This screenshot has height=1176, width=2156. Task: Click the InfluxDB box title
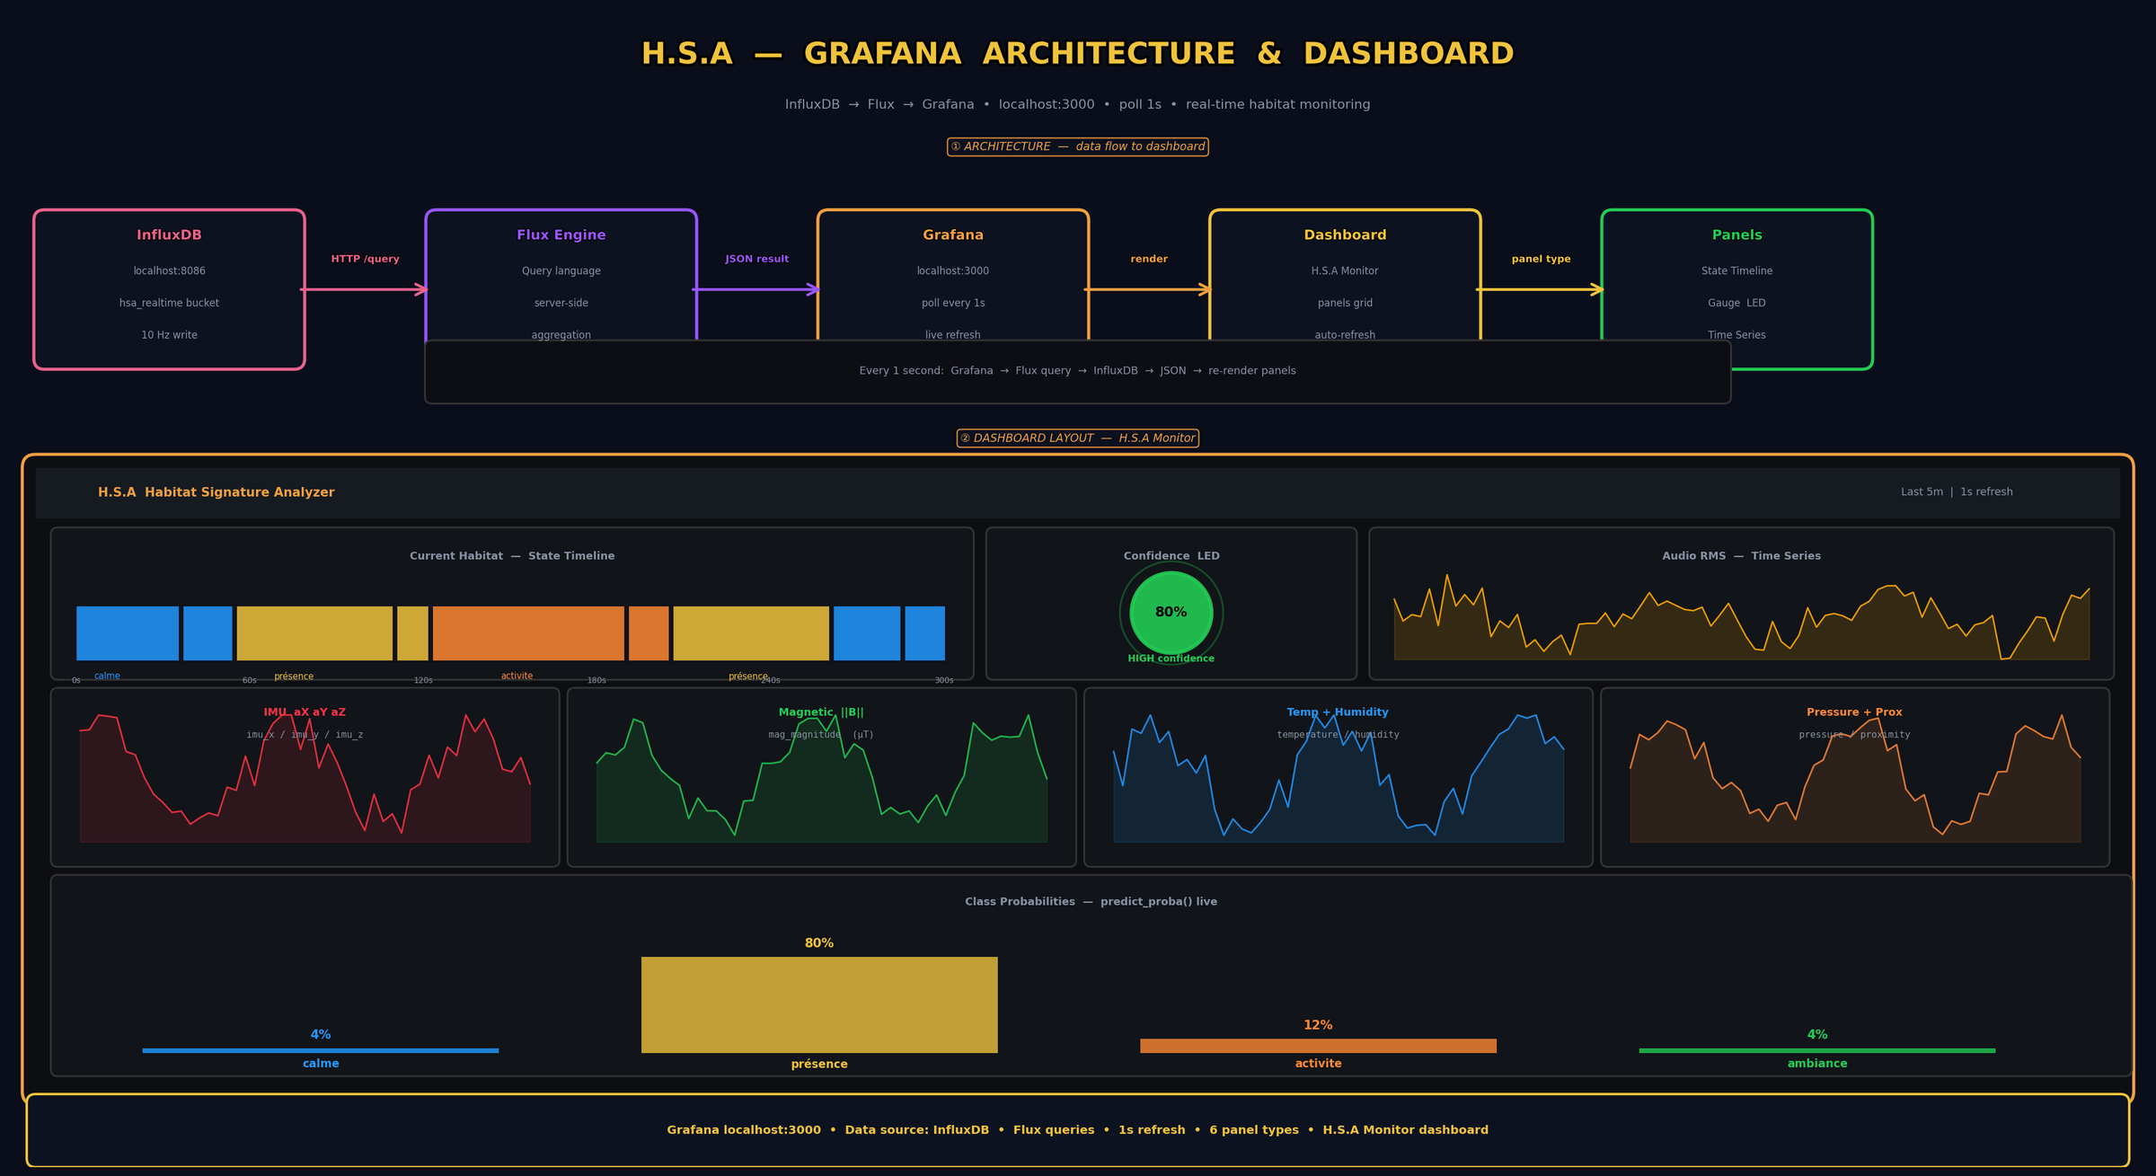169,235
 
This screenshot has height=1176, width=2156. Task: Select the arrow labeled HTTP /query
364,289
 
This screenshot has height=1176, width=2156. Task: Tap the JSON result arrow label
756,259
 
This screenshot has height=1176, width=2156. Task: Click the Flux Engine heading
561,235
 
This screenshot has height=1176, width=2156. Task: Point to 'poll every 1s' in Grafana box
952,303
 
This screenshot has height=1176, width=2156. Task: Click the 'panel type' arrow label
1541,259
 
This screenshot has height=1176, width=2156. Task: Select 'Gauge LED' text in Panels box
1736,303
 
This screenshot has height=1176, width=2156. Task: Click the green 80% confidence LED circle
1171,613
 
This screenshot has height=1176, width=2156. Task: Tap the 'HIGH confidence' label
1171,659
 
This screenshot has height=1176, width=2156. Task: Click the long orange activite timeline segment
528,633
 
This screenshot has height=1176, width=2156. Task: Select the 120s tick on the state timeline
423,680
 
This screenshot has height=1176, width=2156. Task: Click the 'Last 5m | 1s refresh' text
1956,491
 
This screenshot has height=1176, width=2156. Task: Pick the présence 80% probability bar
818,1004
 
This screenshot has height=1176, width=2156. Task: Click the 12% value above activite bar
1317,1025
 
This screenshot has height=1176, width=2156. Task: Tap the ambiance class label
1816,1064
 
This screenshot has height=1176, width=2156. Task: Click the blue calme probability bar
320,1050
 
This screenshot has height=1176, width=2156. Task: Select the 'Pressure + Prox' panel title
1853,712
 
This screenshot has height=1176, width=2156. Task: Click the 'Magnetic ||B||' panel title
820,712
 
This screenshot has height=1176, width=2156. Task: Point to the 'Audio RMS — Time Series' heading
1740,556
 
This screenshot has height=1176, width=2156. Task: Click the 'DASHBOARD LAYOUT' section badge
1077,438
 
